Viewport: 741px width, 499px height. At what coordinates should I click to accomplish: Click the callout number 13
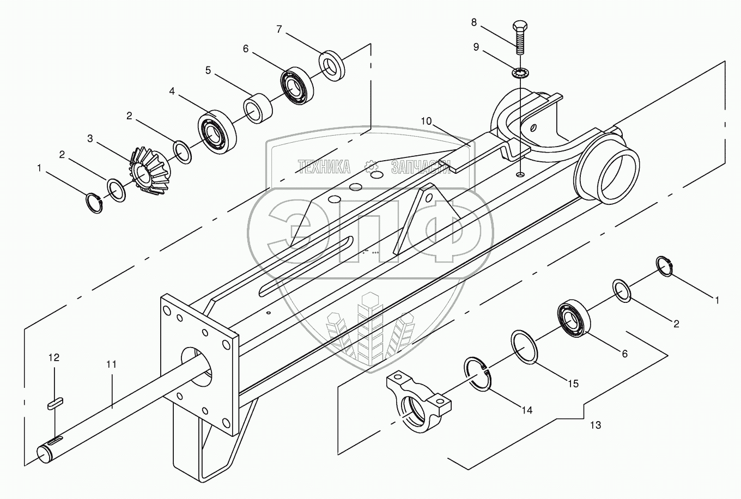point(596,425)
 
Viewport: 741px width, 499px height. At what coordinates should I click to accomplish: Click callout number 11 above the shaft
point(111,364)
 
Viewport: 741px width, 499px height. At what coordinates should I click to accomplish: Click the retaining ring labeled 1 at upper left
point(95,203)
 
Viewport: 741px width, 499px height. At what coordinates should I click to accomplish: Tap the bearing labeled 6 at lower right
point(573,319)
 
